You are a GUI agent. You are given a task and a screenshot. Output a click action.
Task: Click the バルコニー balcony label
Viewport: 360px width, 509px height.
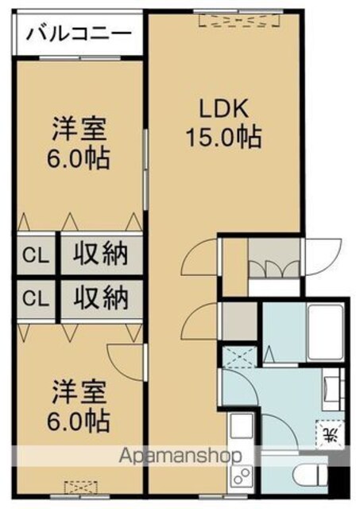tap(79, 33)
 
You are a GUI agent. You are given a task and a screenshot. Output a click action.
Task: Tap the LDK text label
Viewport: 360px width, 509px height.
tap(224, 109)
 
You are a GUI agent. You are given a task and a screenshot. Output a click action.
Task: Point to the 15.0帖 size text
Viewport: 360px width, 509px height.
tap(224, 137)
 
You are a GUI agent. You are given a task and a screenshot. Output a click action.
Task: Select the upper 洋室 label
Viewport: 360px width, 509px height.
tap(79, 130)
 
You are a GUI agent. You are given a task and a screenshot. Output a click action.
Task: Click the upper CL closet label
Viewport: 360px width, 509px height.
tap(36, 255)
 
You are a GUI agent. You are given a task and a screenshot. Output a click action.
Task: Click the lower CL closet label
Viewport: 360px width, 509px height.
tap(36, 299)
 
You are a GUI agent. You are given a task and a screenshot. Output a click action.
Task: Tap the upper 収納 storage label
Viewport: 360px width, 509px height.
tap(101, 254)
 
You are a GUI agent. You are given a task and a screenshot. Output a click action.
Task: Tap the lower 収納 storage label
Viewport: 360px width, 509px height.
tap(101, 298)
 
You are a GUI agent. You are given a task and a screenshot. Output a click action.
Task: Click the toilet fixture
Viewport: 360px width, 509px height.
tap(310, 476)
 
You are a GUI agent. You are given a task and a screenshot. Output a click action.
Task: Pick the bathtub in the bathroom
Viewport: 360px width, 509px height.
tap(325, 332)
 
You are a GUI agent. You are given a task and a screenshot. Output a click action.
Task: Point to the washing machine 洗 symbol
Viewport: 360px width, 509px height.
tap(331, 434)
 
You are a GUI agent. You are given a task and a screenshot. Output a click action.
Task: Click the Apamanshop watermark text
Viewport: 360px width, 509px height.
tap(180, 456)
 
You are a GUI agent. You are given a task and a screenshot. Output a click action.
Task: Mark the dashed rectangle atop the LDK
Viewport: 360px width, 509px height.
tap(239, 20)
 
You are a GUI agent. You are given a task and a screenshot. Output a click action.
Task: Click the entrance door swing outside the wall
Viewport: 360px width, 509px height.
tap(323, 258)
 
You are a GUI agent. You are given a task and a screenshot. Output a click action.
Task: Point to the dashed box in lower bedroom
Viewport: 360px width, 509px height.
tap(80, 488)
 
